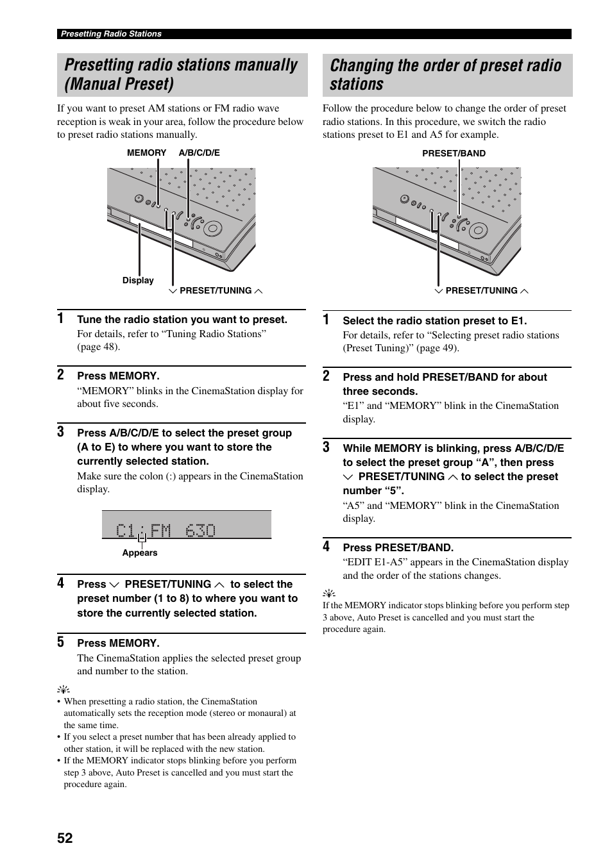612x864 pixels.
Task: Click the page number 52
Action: coord(65,838)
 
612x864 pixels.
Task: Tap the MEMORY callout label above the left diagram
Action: coord(146,153)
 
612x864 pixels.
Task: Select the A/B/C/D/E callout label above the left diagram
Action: coord(199,153)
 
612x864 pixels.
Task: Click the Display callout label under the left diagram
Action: coord(138,280)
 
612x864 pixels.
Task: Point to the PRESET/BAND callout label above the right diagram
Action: coord(454,153)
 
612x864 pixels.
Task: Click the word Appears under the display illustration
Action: coord(140,552)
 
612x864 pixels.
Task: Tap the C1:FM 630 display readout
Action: coord(166,530)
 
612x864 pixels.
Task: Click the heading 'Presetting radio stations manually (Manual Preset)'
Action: coord(181,74)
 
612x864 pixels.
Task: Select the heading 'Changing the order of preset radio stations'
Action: coord(445,75)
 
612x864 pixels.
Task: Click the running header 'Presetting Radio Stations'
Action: coord(111,34)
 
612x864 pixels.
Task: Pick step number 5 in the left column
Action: coord(60,642)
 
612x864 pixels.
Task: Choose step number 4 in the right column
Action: coord(327,546)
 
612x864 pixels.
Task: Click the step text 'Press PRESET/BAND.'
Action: coord(398,547)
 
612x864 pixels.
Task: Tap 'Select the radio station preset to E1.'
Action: coord(434,320)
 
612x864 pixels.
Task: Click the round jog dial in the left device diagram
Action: coord(212,228)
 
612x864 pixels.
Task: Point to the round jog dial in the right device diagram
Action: coord(478,229)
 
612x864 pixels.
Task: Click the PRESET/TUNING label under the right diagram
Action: coord(481,290)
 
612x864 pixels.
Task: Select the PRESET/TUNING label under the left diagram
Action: coord(216,290)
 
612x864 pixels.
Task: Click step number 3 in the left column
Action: coord(60,431)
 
